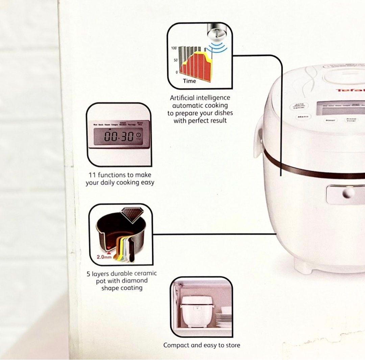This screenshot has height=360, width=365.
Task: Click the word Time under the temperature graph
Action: click(x=189, y=81)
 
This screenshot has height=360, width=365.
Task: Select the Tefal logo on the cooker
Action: click(x=350, y=90)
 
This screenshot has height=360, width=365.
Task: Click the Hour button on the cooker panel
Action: click(x=330, y=120)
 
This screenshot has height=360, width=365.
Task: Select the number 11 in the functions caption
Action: click(x=92, y=175)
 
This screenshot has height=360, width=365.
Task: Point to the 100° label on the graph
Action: click(x=174, y=48)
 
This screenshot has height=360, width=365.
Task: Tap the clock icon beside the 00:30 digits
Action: click(x=140, y=136)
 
